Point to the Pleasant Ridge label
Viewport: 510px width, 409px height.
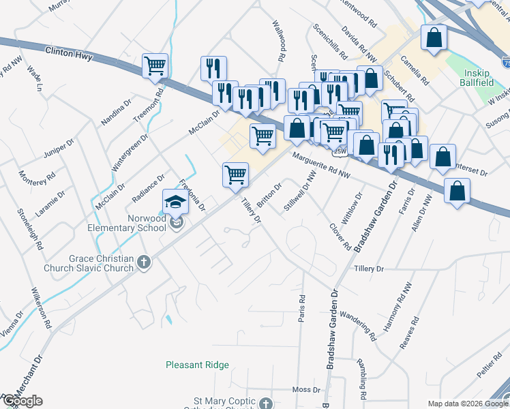click(197, 365)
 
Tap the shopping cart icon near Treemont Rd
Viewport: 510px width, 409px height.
click(155, 66)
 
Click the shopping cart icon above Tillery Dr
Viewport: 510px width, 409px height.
click(235, 174)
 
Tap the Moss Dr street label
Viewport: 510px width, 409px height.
click(306, 390)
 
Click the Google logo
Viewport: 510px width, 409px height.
click(22, 401)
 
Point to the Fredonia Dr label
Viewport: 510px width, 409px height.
click(192, 194)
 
